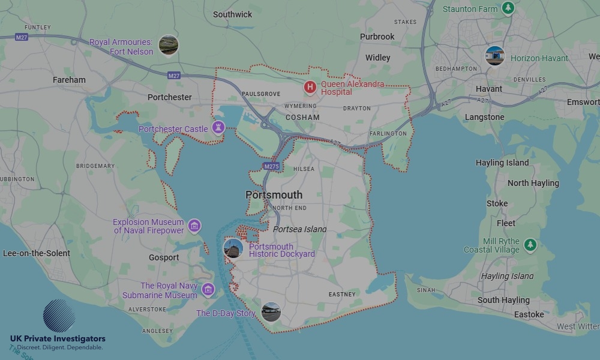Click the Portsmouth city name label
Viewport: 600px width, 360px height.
coord(274,195)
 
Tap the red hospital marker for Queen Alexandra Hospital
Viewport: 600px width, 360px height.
coord(310,88)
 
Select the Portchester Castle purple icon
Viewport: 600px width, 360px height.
coord(218,128)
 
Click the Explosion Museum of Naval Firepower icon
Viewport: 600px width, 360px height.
coord(194,226)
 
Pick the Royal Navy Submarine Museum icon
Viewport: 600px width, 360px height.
coord(208,290)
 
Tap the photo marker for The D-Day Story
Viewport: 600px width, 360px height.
coord(271,312)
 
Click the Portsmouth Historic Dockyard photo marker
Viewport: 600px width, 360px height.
coord(233,248)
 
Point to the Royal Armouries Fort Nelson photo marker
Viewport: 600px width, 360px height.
coord(168,45)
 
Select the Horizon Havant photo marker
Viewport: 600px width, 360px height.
coord(494,56)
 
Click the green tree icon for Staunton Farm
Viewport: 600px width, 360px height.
coord(508,8)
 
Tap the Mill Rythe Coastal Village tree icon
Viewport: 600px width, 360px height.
coord(530,245)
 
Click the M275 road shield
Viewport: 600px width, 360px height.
coord(270,165)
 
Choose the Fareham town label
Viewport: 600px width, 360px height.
coord(69,80)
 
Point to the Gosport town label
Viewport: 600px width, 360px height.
coord(164,257)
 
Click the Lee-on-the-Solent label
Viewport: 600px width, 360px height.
coord(37,253)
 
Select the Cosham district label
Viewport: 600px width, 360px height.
coord(302,117)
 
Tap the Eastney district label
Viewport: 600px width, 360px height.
coord(342,294)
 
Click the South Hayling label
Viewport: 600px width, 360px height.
coord(503,300)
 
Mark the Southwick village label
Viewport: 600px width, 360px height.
coord(232,14)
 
